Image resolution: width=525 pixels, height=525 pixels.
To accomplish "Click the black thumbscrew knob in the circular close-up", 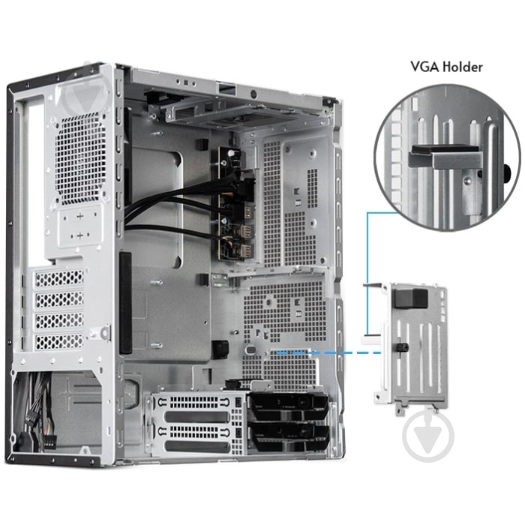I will point(509,170).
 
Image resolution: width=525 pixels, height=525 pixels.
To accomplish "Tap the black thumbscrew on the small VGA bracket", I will point(401,348).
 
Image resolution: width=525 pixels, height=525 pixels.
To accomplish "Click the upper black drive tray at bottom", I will point(289,409).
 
